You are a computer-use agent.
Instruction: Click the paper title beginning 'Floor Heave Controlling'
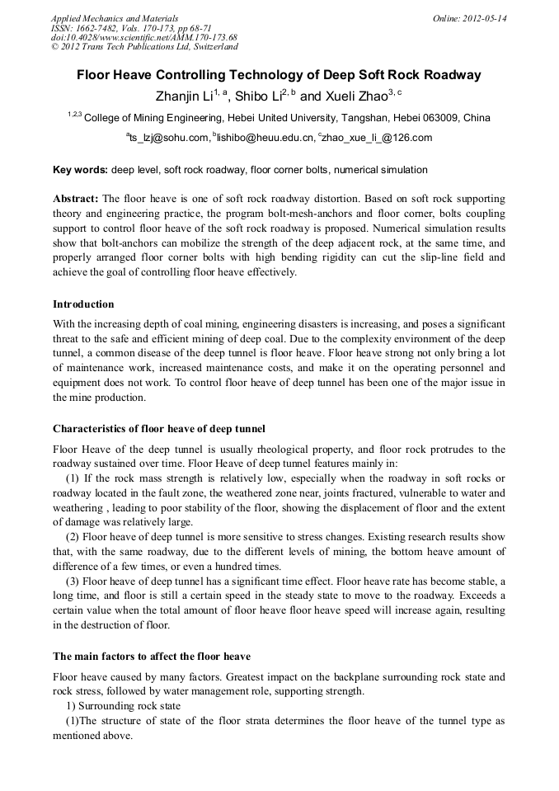[x=279, y=75]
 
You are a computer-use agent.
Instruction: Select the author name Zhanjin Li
[x=184, y=96]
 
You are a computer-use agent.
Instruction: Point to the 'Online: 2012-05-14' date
[x=469, y=18]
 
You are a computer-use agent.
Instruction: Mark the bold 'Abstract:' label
[x=76, y=199]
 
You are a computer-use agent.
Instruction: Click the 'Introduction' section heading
[x=83, y=304]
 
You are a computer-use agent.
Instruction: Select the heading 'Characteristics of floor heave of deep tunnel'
[x=158, y=428]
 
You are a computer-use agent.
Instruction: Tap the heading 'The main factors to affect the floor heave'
[x=151, y=657]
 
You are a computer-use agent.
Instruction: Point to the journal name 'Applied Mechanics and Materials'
[x=114, y=18]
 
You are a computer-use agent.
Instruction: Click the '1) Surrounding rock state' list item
[x=120, y=706]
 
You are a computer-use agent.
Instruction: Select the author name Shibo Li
[x=259, y=96]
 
